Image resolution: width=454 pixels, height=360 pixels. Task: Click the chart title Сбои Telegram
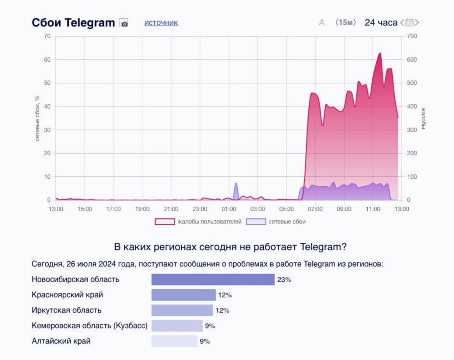(73, 23)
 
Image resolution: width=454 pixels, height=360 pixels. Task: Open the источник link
(161, 23)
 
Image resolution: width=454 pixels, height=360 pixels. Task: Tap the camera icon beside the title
(124, 23)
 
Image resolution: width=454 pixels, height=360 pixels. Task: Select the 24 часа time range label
(381, 23)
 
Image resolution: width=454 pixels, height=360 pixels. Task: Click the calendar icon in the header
(409, 23)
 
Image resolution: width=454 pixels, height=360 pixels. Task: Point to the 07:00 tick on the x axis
(315, 209)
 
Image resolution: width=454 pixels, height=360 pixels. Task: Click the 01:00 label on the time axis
(229, 209)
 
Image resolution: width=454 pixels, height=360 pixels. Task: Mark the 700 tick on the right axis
(412, 36)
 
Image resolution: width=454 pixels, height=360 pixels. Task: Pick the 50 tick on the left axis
(47, 83)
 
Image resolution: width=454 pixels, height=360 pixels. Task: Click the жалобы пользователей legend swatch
(165, 222)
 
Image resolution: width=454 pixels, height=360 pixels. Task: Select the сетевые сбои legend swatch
(256, 222)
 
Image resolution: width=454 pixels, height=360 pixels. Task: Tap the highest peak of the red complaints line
(380, 53)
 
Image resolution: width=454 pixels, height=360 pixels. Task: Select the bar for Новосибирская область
(213, 280)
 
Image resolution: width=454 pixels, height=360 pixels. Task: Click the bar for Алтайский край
(174, 341)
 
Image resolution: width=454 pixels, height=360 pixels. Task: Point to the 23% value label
(284, 280)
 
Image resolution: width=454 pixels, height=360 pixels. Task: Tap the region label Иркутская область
(66, 310)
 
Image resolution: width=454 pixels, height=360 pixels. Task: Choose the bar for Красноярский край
(183, 295)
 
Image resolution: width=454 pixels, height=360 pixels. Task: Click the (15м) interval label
(345, 23)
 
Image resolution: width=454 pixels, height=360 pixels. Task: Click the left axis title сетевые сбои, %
(37, 118)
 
